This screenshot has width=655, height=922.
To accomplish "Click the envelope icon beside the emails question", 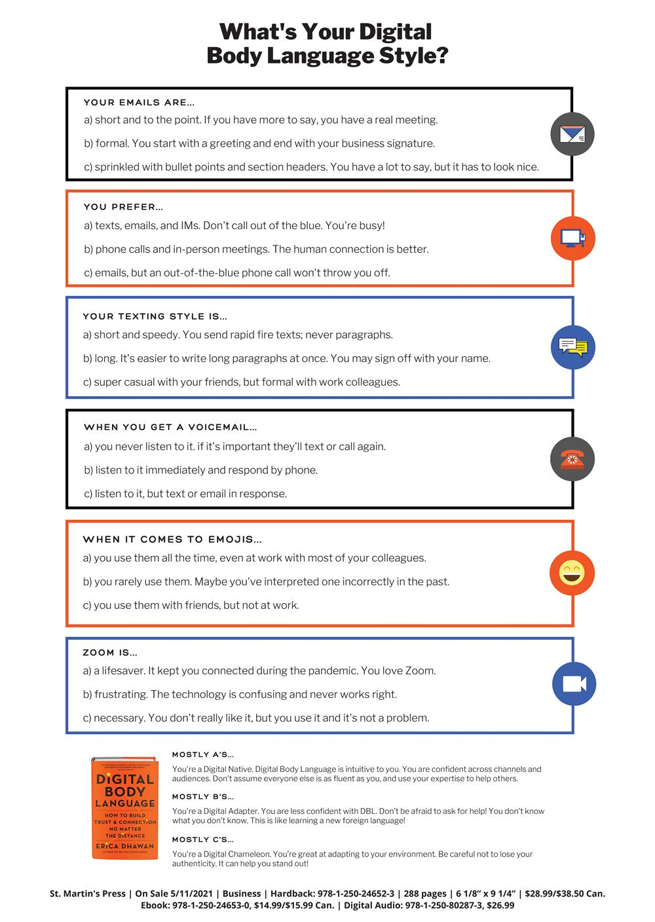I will point(572,134).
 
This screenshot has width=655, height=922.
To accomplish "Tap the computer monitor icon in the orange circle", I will point(572,238).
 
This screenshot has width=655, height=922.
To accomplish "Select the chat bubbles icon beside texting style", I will point(572,347).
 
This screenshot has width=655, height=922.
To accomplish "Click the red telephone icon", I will point(572,459).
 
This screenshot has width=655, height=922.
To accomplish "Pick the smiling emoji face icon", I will point(572,573).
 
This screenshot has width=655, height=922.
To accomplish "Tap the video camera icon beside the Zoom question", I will point(574,684).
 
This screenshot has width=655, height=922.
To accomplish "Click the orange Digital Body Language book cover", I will point(125,808).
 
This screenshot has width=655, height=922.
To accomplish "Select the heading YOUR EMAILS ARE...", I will point(139,102).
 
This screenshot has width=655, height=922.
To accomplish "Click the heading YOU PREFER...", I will point(123,207).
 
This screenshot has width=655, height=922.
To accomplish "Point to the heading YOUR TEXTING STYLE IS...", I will point(155,316).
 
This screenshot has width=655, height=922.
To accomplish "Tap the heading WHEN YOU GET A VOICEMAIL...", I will point(170,427).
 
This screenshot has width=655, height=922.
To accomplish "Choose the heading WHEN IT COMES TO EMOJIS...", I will point(172,540).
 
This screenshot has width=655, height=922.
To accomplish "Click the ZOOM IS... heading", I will point(110,653).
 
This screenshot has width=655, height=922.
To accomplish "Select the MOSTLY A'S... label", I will point(202,754).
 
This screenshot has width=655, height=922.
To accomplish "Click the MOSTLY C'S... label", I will point(202,839).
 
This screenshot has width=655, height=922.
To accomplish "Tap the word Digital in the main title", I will point(395,31).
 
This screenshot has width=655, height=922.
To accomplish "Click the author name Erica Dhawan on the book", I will point(125,846).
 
